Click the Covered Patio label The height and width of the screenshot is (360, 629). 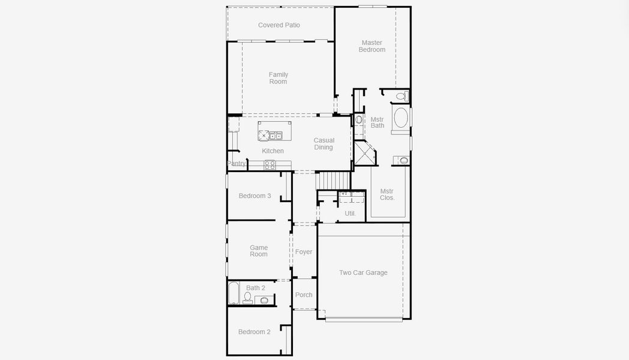tap(278, 25)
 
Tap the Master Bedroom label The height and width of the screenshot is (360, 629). tap(372, 46)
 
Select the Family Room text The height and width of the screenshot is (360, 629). tap(278, 78)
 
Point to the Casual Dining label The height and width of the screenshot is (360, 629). tap(324, 144)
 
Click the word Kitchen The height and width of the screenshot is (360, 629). tap(272, 151)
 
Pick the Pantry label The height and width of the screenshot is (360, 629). tap(236, 163)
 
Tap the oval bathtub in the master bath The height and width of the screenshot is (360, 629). tap(400, 118)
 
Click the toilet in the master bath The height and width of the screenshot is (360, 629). tap(402, 95)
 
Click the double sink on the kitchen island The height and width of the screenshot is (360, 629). tap(276, 135)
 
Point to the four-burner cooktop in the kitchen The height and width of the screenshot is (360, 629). tap(270, 164)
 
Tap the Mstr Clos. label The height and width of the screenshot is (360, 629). tap(387, 194)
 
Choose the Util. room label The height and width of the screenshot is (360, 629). tap(350, 214)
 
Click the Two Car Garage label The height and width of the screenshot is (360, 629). tap(363, 272)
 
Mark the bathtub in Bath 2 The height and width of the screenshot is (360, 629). tap(233, 294)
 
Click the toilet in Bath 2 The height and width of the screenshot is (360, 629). tap(247, 296)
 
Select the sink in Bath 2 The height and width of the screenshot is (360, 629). tap(264, 301)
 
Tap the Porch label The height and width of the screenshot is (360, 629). tap(304, 295)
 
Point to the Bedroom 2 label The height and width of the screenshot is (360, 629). tap(254, 332)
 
